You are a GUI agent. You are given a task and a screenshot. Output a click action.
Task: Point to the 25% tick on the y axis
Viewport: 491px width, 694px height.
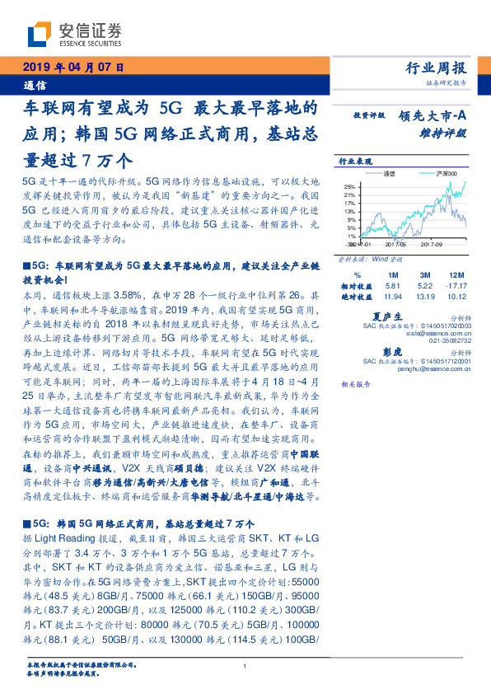point(350,186)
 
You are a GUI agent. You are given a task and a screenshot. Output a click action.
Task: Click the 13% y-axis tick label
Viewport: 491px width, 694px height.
point(350,211)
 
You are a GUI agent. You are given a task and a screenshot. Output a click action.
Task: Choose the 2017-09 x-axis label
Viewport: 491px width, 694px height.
point(433,245)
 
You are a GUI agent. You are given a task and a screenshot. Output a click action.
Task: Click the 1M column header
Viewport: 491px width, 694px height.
point(392,274)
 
